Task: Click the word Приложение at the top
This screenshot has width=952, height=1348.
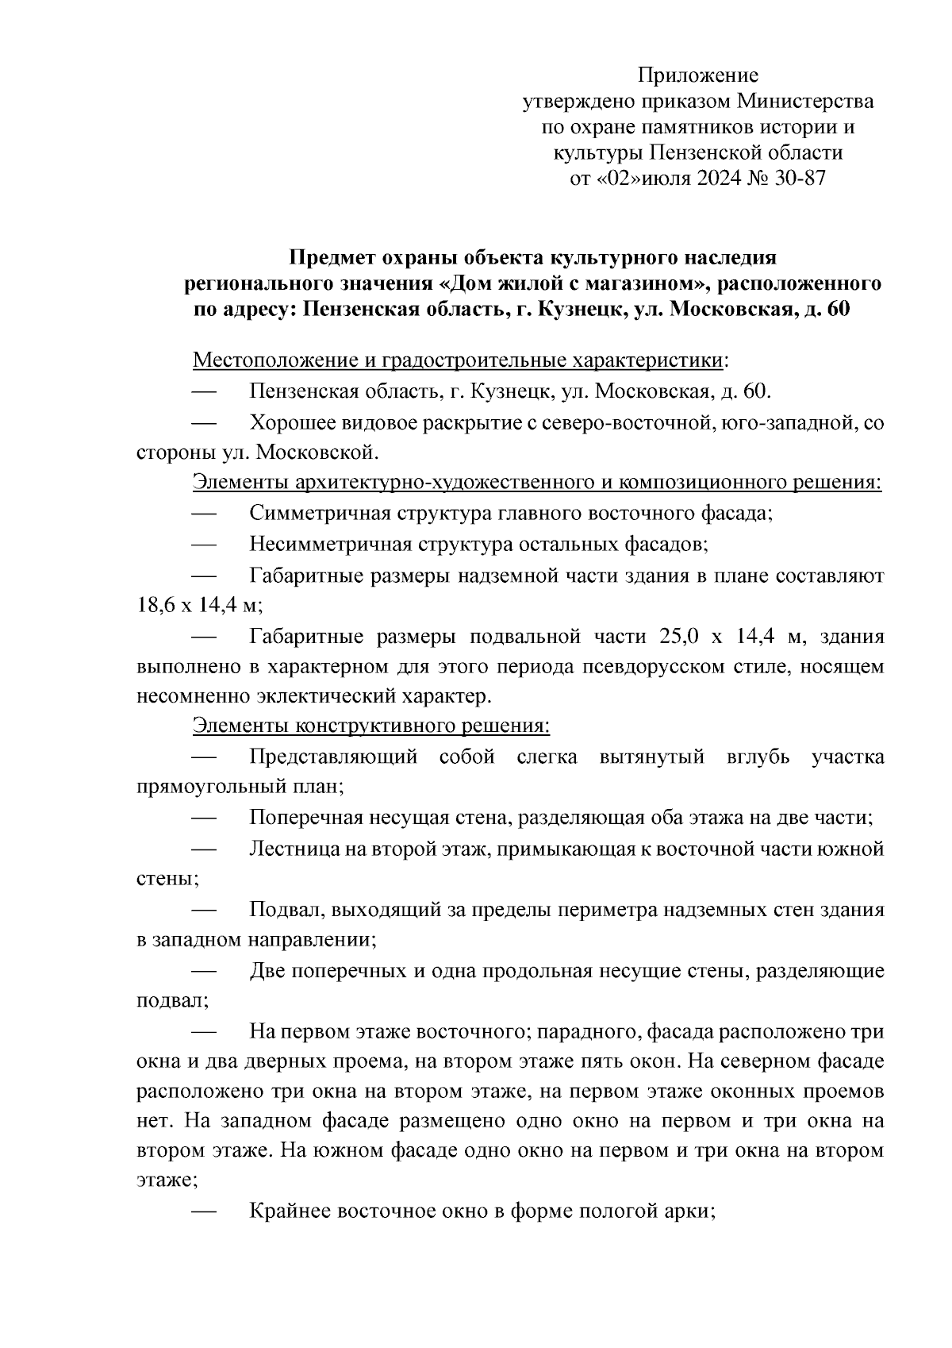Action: point(698,76)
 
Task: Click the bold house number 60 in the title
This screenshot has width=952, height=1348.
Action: point(838,310)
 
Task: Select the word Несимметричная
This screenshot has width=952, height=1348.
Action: point(331,545)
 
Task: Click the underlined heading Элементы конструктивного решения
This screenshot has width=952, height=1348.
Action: point(371,726)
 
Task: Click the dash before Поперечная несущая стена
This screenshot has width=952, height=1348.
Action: point(205,818)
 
